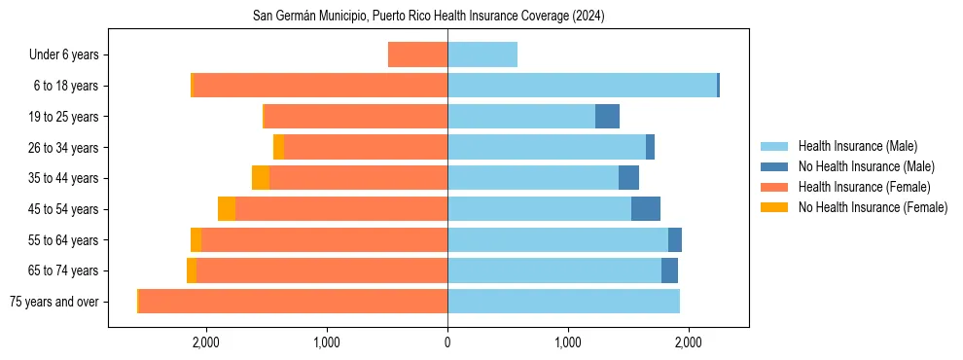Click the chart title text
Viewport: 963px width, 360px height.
click(x=429, y=16)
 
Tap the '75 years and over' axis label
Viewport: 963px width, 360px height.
click(x=53, y=302)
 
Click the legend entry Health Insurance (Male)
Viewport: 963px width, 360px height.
click(x=857, y=146)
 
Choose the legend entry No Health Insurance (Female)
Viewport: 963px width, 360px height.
click(x=873, y=207)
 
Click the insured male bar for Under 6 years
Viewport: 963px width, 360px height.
click(x=482, y=54)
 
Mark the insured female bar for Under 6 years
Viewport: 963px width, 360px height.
click(x=417, y=54)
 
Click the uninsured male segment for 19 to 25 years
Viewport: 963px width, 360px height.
click(x=607, y=117)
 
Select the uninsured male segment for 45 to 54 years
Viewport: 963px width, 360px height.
click(x=646, y=209)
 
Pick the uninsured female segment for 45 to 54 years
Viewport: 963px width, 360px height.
click(x=227, y=209)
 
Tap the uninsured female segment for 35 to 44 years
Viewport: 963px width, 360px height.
click(x=261, y=178)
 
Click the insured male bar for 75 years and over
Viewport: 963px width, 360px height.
click(x=563, y=302)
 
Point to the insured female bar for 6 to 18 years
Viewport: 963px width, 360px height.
click(x=321, y=86)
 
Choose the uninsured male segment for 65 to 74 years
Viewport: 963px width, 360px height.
click(x=669, y=270)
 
